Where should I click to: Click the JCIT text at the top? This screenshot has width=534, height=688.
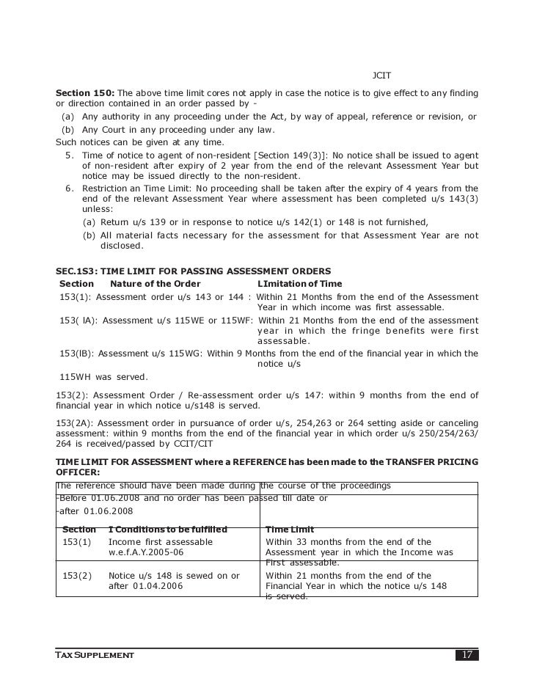pyautogui.click(x=382, y=76)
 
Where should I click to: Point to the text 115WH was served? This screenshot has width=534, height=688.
pyautogui.click(x=103, y=377)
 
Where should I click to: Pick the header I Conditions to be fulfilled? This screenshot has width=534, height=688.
pyautogui.click(x=168, y=530)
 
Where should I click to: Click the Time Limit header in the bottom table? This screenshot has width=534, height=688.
pyautogui.click(x=291, y=530)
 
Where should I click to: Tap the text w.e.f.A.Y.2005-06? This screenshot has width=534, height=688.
pyautogui.click(x=150, y=552)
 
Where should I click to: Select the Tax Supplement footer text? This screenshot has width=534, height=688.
pyautogui.click(x=95, y=654)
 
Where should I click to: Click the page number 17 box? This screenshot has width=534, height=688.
pyautogui.click(x=467, y=654)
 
